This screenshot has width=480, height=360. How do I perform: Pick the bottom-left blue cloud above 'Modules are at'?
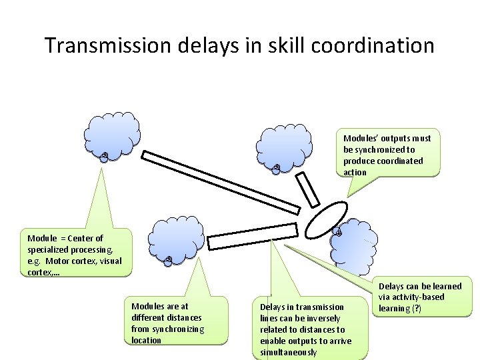(x=175, y=237)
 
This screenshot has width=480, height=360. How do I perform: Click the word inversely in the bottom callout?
(x=321, y=318)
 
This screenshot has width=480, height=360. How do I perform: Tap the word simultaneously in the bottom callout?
(x=289, y=352)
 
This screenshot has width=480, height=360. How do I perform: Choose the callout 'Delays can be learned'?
(x=419, y=297)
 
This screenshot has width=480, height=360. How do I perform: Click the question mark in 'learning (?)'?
(x=416, y=309)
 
